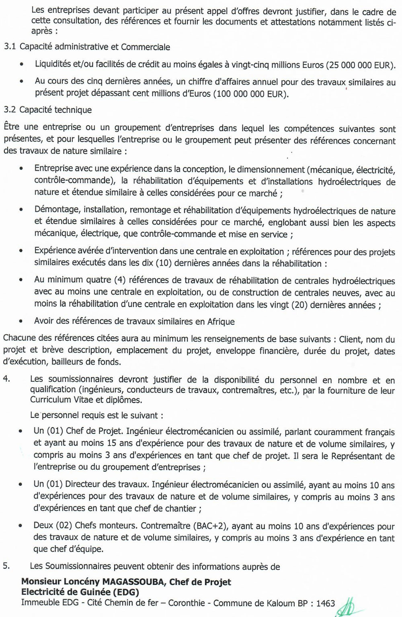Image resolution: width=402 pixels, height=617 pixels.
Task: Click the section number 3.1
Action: tap(10, 47)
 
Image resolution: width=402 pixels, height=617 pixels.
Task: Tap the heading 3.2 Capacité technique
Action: tap(47, 110)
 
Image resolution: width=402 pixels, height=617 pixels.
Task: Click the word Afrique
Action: tap(221, 322)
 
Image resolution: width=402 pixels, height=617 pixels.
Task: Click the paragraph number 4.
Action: tap(6, 379)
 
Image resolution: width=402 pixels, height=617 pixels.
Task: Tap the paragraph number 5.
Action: tap(6, 566)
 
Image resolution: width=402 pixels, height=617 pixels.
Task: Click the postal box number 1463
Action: tap(326, 603)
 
